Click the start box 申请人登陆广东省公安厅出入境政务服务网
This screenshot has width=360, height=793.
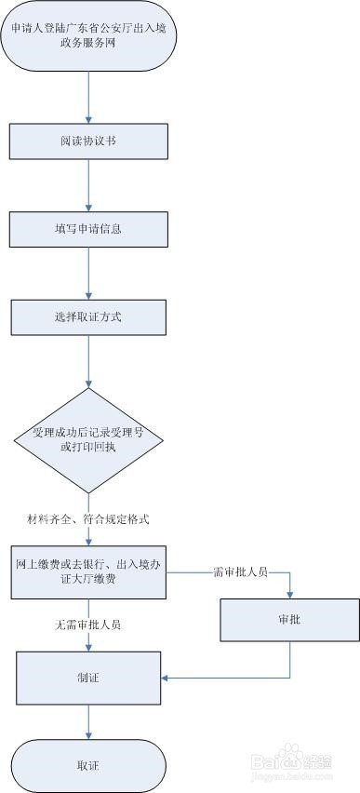coord(88,39)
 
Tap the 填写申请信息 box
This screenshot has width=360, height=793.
coord(89,229)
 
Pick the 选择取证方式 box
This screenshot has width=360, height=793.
coord(89,316)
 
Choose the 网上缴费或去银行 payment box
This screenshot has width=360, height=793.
coord(89,571)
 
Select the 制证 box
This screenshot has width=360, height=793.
coord(89,677)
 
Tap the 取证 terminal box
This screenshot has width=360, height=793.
coord(89,764)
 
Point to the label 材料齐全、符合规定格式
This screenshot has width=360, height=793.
coord(88,517)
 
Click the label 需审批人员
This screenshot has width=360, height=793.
coord(240,571)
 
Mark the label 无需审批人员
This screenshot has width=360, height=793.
coord(88,625)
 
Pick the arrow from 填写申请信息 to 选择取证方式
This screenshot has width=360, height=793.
coord(89,273)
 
